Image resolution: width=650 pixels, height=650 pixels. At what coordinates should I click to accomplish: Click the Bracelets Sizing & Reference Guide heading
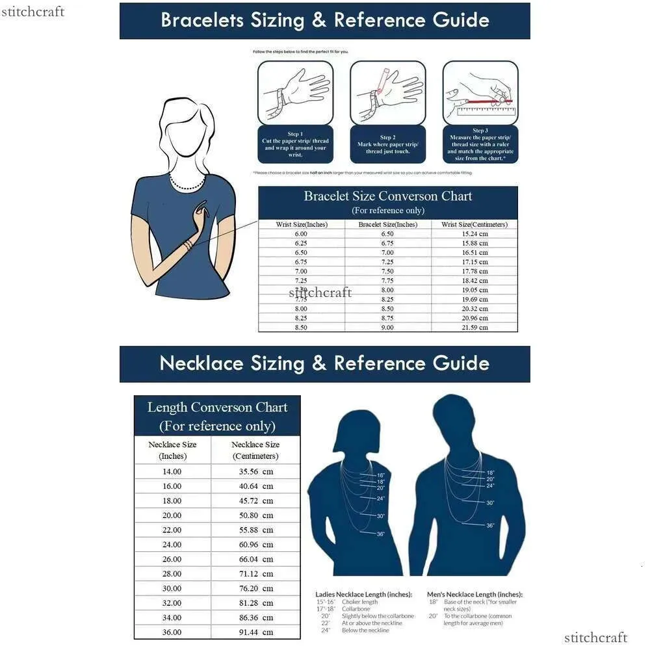324,20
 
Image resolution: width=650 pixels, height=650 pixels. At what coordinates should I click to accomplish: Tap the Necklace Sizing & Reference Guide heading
324,363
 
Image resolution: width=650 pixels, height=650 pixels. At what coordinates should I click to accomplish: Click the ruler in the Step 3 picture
481,111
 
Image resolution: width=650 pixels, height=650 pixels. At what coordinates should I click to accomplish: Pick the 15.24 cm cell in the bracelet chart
474,234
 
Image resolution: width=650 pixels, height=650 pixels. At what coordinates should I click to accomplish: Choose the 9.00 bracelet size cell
387,328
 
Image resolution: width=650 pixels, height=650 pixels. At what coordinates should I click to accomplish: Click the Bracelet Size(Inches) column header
387,224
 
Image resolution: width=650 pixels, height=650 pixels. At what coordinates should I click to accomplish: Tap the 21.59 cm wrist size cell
474,328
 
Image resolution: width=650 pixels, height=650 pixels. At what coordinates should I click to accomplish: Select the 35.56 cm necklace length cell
255,471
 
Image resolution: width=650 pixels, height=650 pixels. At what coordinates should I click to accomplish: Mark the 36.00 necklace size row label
172,632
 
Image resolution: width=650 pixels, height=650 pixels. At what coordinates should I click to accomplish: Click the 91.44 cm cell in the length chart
255,632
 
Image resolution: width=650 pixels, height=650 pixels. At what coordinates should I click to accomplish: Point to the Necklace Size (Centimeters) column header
255,450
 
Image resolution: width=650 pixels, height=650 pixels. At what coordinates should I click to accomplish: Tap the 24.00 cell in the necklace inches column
172,544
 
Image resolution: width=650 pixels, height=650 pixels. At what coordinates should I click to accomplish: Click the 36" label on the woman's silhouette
381,534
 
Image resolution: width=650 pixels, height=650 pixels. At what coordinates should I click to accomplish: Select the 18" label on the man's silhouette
490,472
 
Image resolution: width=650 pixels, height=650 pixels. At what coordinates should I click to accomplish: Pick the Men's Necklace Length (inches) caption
474,594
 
